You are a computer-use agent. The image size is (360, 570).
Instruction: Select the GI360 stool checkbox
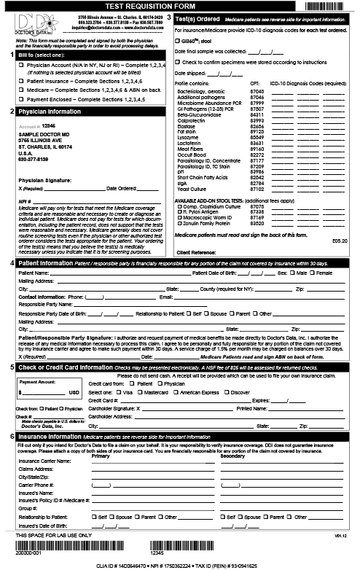pos(178,42)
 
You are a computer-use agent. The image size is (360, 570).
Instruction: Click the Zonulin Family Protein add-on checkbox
pos(179,222)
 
